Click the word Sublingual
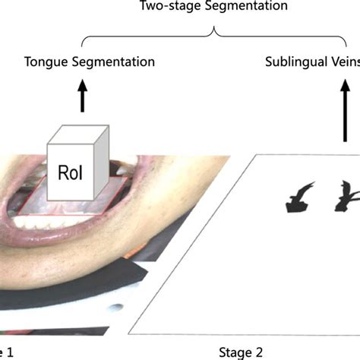click(x=292, y=61)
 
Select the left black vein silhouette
click(x=295, y=197)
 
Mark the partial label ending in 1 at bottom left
click(x=6, y=352)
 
